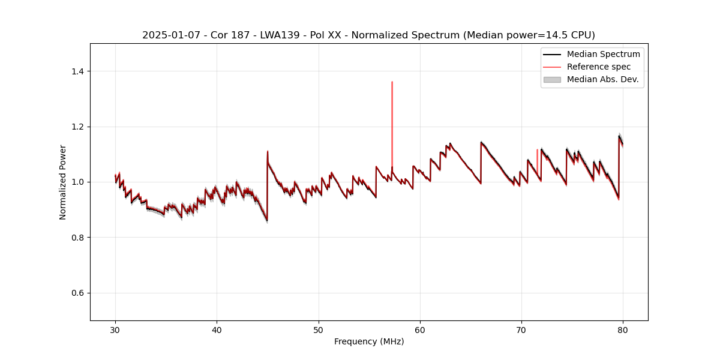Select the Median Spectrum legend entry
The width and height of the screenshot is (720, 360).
point(603,54)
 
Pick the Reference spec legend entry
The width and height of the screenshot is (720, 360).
point(598,67)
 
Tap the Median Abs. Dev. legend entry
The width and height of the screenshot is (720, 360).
point(602,79)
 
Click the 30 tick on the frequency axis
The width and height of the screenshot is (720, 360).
point(115,329)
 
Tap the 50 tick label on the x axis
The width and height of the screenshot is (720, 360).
point(319,329)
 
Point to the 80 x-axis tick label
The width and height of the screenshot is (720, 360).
point(623,329)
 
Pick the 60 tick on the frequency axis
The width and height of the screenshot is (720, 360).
point(420,329)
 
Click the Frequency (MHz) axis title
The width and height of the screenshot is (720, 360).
point(369,341)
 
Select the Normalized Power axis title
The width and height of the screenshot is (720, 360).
point(63,182)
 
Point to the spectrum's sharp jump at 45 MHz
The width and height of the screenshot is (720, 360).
point(267,186)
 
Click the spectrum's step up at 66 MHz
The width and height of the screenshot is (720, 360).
point(481,162)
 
